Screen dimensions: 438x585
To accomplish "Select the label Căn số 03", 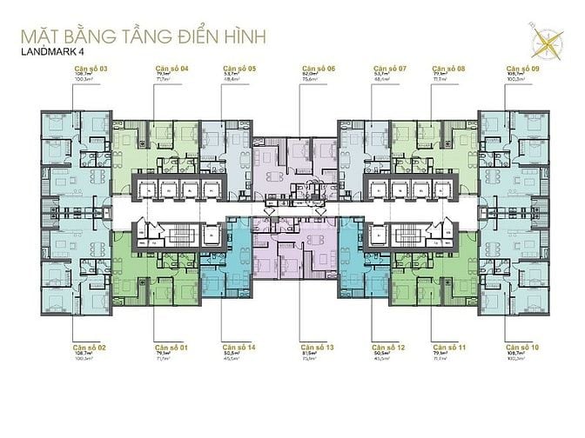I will click(x=91, y=67).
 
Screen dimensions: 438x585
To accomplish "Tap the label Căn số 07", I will click(x=389, y=67).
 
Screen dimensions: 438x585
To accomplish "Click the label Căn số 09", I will click(x=524, y=67).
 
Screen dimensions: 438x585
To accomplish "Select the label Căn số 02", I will click(x=91, y=347).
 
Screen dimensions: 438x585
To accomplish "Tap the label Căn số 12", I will click(x=389, y=347).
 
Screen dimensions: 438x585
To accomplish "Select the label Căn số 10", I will click(x=524, y=347).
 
